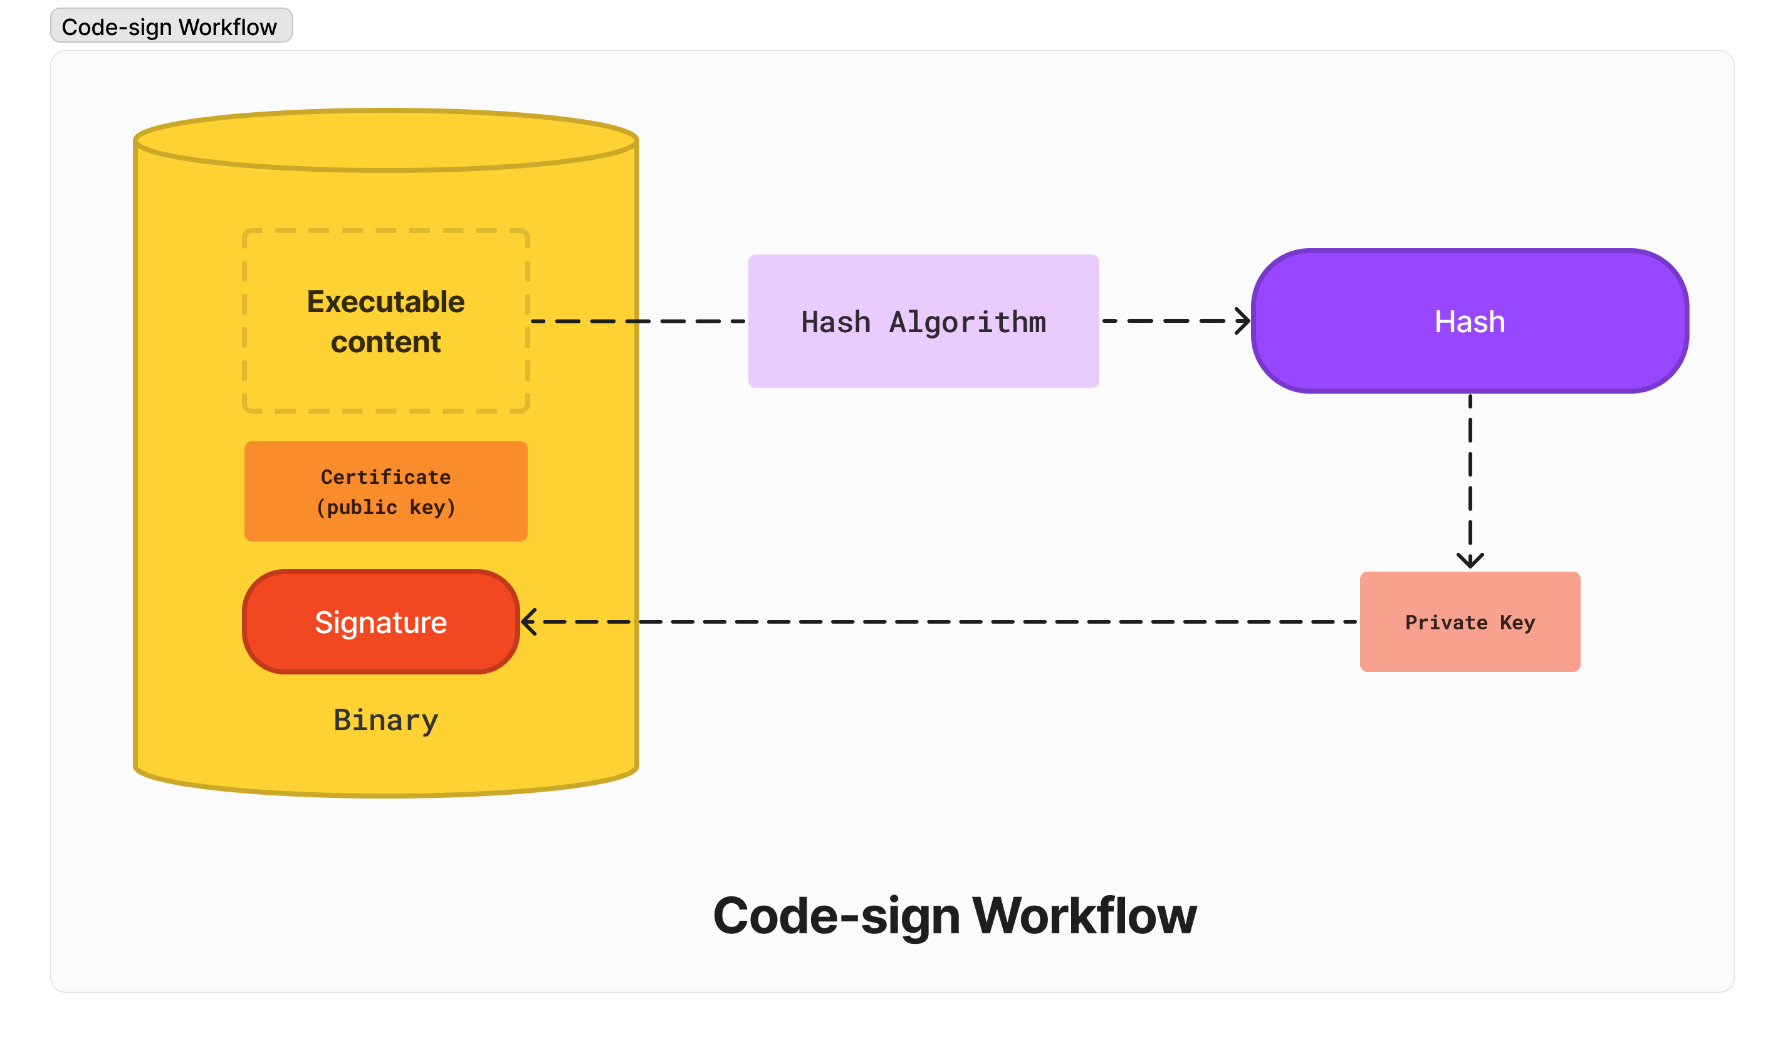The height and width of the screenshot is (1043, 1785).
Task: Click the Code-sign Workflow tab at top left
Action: pos(170,26)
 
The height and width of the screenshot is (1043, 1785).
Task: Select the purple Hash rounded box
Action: pos(1469,321)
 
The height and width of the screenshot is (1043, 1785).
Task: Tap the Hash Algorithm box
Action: pos(923,321)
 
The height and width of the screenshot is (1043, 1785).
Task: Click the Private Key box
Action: pos(1469,621)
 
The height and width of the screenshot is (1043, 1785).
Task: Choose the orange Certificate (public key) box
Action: pos(385,491)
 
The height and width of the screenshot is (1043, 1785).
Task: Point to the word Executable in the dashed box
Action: pos(385,302)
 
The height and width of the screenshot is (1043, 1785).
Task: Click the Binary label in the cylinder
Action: pos(385,720)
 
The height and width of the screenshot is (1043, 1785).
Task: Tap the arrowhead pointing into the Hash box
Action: pos(1243,321)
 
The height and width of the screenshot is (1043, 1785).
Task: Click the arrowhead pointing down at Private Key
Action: pos(1470,561)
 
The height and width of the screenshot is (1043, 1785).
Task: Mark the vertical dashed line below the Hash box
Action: pos(1470,474)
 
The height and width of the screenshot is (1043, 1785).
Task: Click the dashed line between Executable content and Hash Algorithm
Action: pos(637,321)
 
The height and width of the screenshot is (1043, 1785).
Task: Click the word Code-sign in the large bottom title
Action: pos(836,916)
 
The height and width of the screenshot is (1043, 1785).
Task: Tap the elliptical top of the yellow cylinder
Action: pos(385,140)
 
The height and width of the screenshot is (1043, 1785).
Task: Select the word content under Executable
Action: pos(385,342)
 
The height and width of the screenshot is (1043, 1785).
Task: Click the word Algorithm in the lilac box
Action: pos(967,322)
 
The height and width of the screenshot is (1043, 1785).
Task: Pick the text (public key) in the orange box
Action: pos(385,507)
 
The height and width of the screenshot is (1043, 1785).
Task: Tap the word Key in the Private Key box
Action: pos(1517,622)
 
